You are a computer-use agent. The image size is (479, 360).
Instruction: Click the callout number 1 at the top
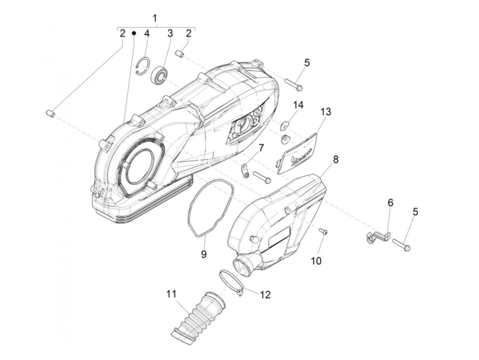(x=155, y=18)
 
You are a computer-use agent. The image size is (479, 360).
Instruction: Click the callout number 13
(x=326, y=112)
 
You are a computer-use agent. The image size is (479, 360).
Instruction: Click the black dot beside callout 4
(x=134, y=33)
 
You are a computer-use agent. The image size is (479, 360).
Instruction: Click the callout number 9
(x=204, y=254)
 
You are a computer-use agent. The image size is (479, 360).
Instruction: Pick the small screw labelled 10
(x=324, y=232)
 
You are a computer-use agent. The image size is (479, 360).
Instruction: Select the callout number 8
(x=336, y=159)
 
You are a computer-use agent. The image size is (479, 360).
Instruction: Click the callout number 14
(x=298, y=105)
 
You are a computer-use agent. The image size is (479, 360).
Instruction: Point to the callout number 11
(x=171, y=294)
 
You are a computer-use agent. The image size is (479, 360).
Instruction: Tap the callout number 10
(x=316, y=260)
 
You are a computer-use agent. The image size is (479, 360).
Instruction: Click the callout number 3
(x=170, y=34)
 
